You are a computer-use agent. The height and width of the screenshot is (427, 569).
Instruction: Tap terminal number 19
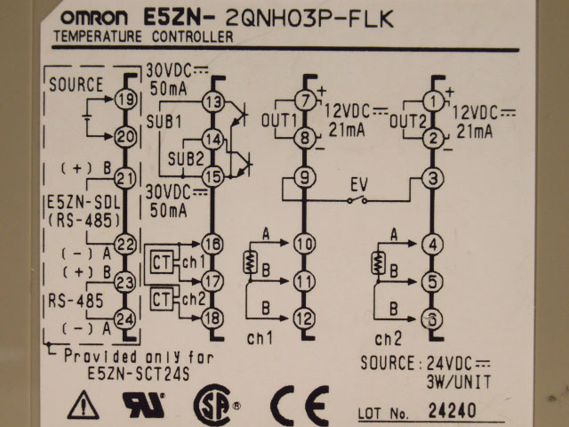click(125, 99)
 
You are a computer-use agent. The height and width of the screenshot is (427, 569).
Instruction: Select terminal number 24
click(125, 317)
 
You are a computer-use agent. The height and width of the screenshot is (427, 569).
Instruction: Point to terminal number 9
click(304, 178)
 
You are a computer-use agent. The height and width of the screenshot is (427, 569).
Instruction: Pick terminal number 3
click(433, 178)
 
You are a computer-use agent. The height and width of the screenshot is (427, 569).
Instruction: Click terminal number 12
click(304, 317)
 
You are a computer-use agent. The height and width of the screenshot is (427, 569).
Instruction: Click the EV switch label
click(359, 185)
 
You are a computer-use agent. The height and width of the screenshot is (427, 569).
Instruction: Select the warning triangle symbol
click(83, 406)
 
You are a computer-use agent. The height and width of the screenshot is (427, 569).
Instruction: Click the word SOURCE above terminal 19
click(76, 86)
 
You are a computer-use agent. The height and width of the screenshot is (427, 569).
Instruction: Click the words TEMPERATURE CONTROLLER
click(144, 36)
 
